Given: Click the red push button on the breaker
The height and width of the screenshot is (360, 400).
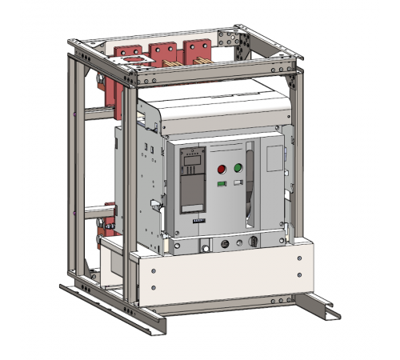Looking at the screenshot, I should pyautogui.click(x=222, y=169).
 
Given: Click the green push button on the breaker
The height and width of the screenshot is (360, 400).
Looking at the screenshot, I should pyautogui.click(x=238, y=168).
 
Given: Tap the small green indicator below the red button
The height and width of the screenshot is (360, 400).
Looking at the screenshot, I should pyautogui.click(x=222, y=183).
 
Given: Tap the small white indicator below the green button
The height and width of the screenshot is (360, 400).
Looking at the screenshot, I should pyautogui.click(x=238, y=182).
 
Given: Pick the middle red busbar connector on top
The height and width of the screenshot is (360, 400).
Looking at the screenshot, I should pyautogui.click(x=164, y=52).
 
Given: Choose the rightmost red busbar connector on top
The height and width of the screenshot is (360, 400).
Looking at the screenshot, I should pyautogui.click(x=197, y=49).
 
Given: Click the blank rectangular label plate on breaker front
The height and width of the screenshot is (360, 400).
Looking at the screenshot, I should pyautogui.click(x=274, y=159).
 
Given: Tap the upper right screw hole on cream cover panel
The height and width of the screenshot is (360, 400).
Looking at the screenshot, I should pyautogui.click(x=300, y=259).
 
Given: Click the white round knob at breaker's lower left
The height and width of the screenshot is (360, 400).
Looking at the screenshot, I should pyautogui.click(x=206, y=249).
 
